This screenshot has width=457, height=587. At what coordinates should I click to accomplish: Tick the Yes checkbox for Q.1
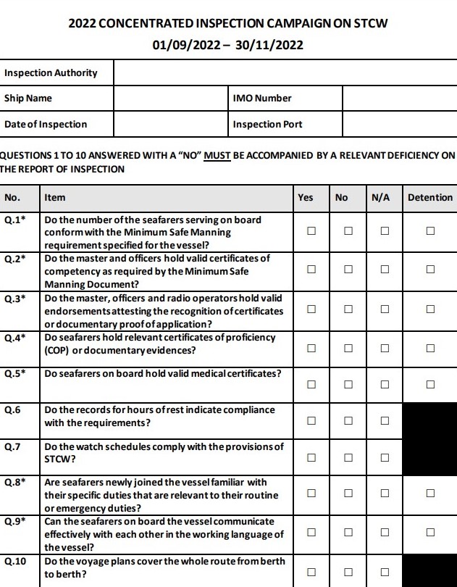click(311, 231)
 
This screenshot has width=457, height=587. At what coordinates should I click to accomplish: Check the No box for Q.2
click(348, 269)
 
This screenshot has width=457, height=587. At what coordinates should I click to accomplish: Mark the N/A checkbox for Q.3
click(385, 309)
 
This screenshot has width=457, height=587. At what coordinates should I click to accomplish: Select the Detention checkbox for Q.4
click(430, 348)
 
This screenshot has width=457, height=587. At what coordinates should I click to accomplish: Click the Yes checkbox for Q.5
click(311, 384)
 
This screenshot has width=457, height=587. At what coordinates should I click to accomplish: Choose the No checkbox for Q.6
click(348, 420)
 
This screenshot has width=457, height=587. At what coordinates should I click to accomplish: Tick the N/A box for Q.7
click(385, 457)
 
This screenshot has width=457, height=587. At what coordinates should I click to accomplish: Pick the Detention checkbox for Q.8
click(430, 494)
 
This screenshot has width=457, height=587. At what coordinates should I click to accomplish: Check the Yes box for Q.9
click(311, 532)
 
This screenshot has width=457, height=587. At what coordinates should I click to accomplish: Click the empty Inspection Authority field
click(285, 72)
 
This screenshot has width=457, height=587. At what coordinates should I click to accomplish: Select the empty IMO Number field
click(399, 99)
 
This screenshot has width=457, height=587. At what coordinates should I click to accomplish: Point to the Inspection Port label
click(267, 124)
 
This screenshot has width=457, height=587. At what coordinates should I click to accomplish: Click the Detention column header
click(430, 197)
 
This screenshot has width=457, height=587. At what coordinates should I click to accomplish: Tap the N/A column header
click(381, 197)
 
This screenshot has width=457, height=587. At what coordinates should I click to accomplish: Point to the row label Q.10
click(15, 561)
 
